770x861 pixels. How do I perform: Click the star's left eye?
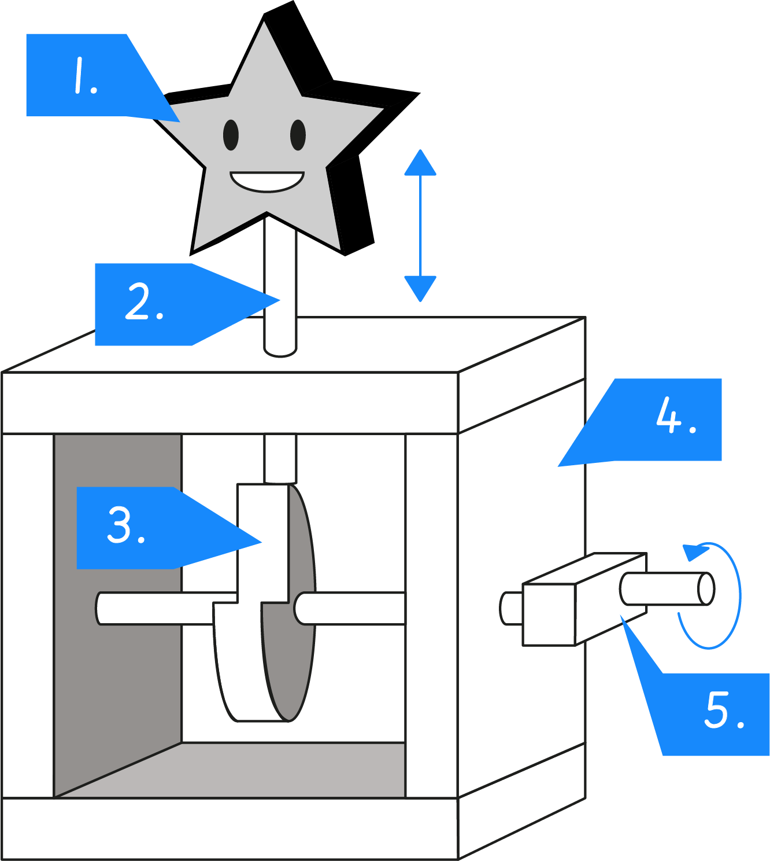coord(231,135)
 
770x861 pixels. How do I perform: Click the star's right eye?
coord(298,135)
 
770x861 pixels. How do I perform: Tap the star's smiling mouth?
coord(266,181)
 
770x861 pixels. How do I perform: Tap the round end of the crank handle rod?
coord(706,589)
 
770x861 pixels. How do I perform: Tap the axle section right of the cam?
coord(353,609)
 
